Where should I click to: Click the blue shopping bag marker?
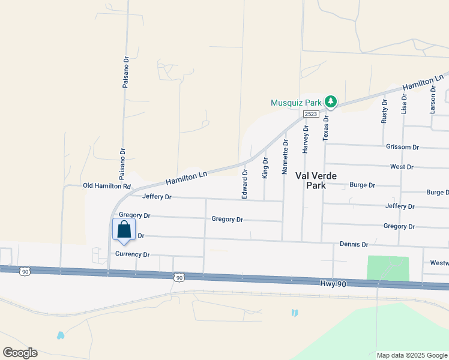(x=124, y=230)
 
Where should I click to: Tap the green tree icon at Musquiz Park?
(x=330, y=101)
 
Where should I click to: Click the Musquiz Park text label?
(x=296, y=102)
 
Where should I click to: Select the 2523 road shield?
(x=310, y=114)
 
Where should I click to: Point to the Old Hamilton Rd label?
(x=107, y=186)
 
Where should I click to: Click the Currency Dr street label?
(x=132, y=254)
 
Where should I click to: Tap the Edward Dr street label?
(x=244, y=184)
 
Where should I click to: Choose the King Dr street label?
(x=265, y=168)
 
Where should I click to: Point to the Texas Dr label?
(x=326, y=127)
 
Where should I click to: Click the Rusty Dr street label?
(x=385, y=112)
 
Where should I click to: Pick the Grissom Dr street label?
(x=402, y=147)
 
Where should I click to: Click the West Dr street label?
(x=402, y=167)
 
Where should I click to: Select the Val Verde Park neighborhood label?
(x=316, y=181)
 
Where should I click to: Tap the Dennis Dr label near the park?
(x=354, y=245)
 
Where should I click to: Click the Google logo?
(x=20, y=353)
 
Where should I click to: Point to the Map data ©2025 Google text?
(x=411, y=355)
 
